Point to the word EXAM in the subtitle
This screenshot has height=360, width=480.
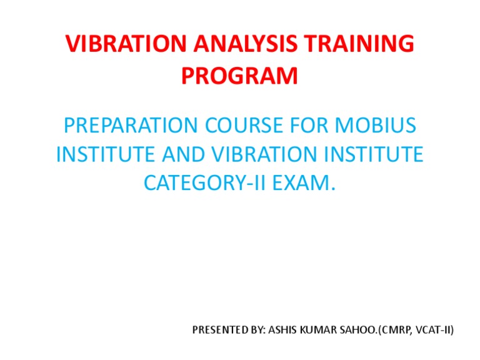(304, 182)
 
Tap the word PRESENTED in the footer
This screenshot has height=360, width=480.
(219, 330)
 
